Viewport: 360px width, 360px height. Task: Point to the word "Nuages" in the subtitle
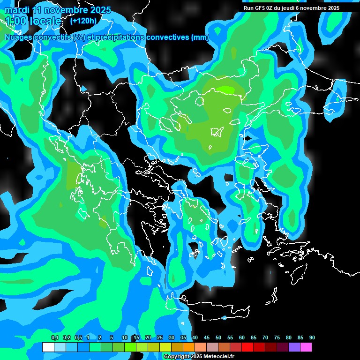[x=19, y=37]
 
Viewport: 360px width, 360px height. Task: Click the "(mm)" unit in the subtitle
[x=200, y=37]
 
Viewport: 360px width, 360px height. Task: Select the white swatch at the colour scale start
[x=48, y=347]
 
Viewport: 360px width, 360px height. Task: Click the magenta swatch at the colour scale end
[x=306, y=347]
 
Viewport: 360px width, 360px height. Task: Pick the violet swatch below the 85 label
[x=294, y=347]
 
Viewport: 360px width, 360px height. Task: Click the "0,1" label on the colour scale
[x=54, y=337]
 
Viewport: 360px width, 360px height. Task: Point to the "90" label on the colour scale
[x=312, y=337]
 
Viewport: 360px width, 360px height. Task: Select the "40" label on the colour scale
[x=195, y=337]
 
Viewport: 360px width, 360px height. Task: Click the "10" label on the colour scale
[x=124, y=337]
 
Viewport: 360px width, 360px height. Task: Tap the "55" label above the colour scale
[x=230, y=337]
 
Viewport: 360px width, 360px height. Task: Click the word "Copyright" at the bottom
[x=177, y=357]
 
